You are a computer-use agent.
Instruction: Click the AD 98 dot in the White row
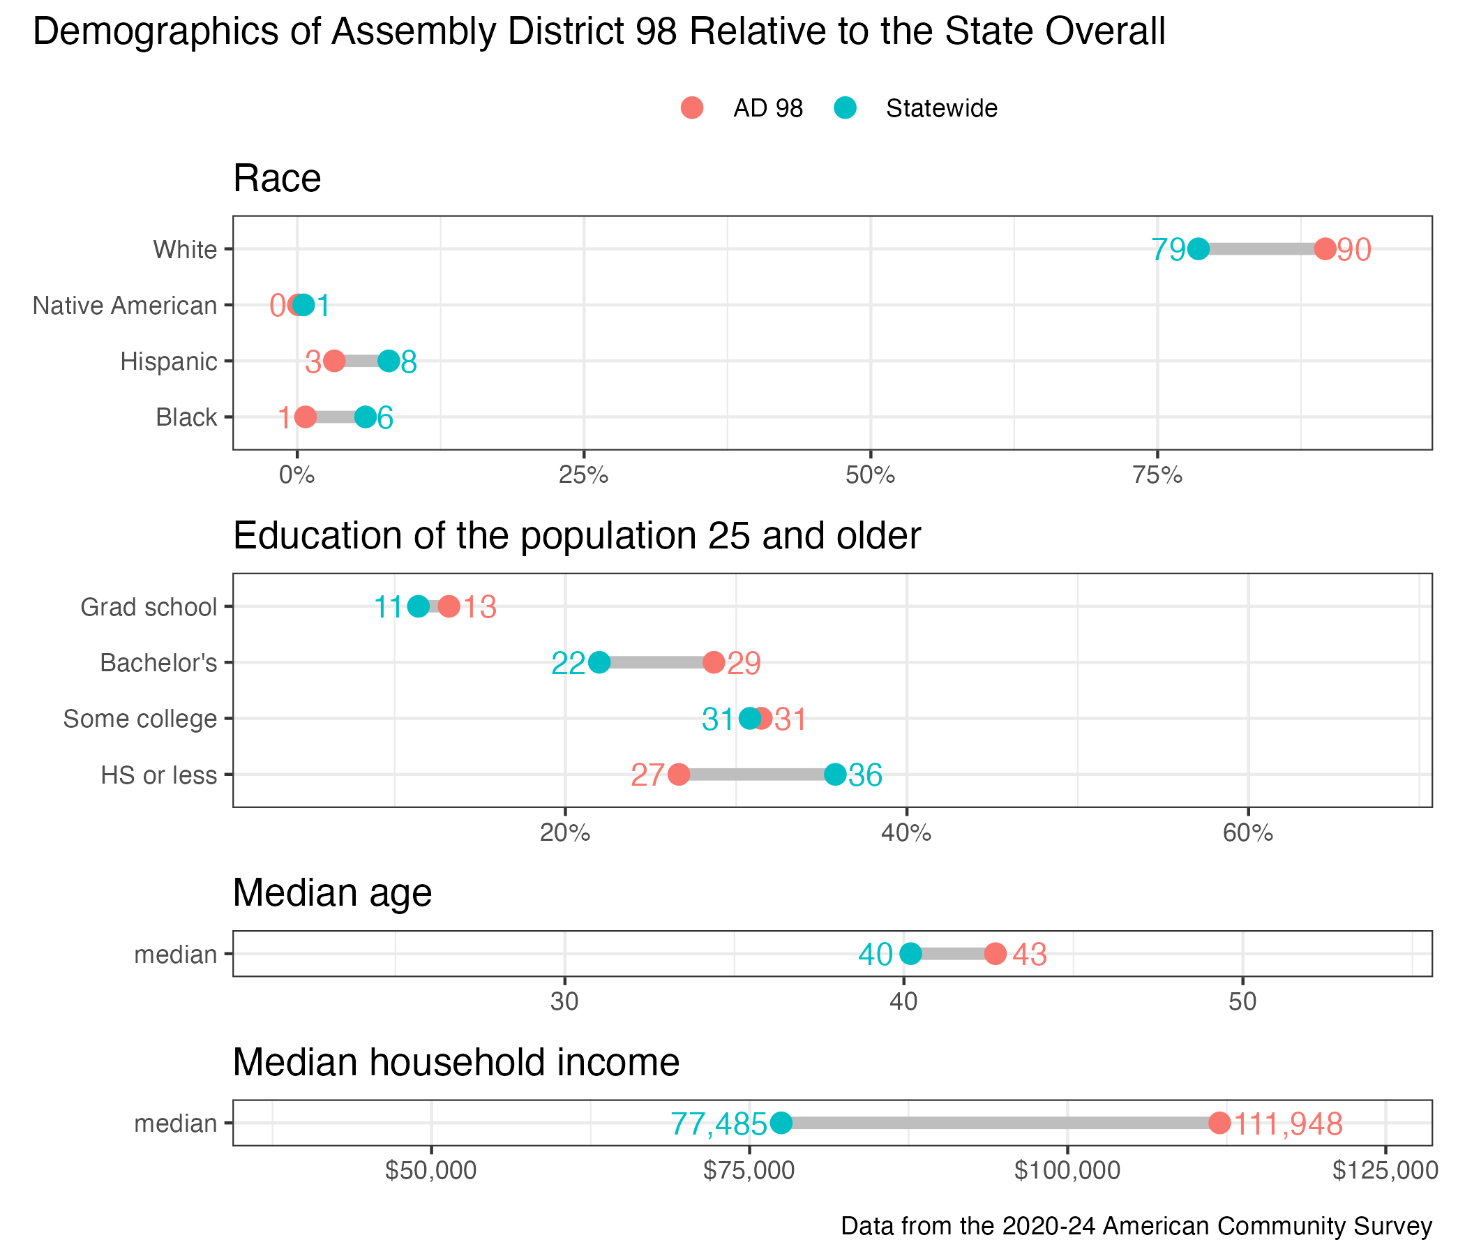(x=1325, y=249)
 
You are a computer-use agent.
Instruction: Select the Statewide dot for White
(x=1199, y=249)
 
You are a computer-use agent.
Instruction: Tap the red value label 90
(x=1354, y=251)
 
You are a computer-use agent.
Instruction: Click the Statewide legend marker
(x=845, y=107)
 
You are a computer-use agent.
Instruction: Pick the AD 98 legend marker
(x=692, y=107)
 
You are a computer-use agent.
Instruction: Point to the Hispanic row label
(x=168, y=361)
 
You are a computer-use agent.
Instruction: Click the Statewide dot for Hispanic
(x=389, y=361)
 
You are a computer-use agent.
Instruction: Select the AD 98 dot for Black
(x=306, y=417)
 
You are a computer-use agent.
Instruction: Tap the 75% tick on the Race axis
(x=1157, y=475)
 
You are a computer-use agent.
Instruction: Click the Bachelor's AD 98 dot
(x=714, y=663)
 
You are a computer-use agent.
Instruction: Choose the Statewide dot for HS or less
(x=835, y=775)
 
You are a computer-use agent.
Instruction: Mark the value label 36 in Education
(x=866, y=776)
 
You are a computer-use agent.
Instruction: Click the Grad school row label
(x=149, y=607)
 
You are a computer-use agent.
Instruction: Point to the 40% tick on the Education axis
(x=906, y=833)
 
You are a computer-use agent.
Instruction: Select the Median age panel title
(x=332, y=892)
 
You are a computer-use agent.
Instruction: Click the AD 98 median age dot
(x=996, y=953)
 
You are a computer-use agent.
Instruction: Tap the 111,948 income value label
(x=1288, y=1123)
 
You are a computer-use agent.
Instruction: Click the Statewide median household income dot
(x=781, y=1122)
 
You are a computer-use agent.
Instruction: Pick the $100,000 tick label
(x=1067, y=1170)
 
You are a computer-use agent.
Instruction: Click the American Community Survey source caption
(x=1136, y=1225)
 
